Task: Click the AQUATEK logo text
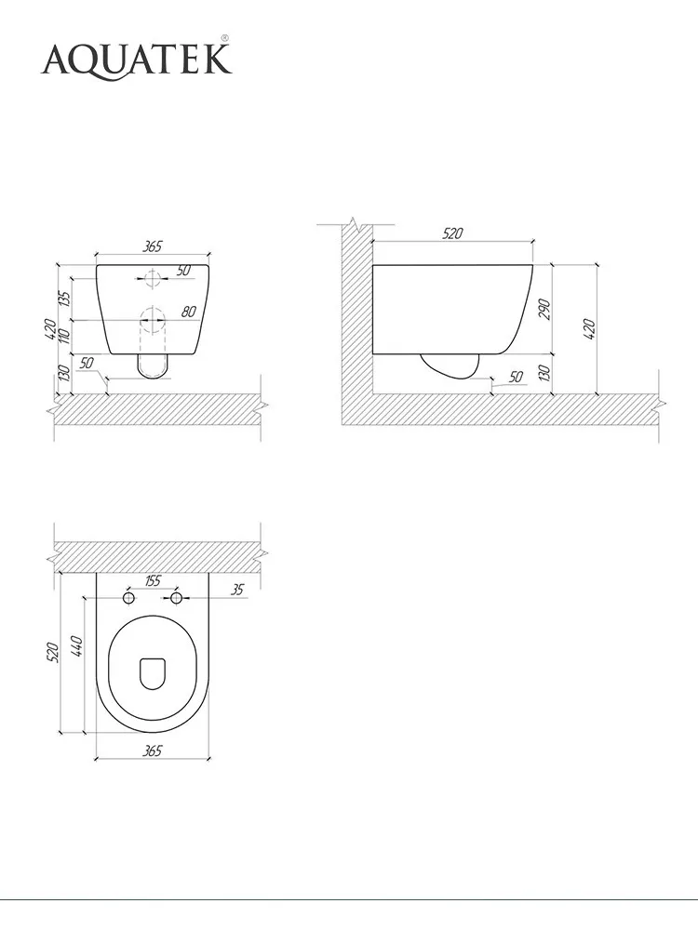(136, 60)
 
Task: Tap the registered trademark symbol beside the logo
(225, 38)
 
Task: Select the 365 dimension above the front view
(153, 246)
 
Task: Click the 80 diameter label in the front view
(188, 311)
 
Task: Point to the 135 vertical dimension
(65, 298)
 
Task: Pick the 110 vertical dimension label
(65, 335)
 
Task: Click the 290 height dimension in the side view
(544, 309)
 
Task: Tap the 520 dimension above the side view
(452, 233)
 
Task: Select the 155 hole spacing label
(153, 581)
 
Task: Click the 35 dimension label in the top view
(236, 590)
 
